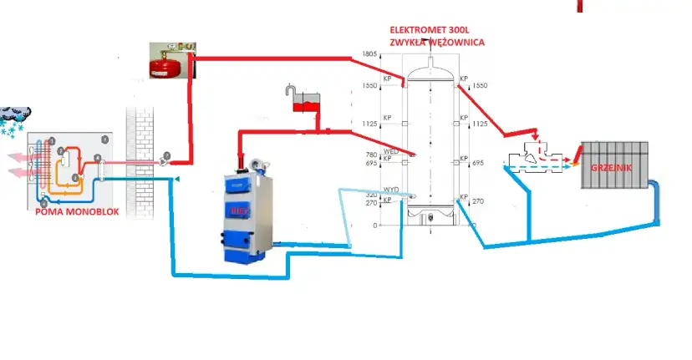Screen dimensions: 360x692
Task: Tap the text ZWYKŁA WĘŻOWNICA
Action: pos(436,43)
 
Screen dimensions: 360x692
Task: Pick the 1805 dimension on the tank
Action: pos(369,55)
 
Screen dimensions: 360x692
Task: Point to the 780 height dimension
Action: pos(371,154)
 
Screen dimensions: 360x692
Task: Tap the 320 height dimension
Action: pos(371,194)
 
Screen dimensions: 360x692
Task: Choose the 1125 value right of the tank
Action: pos(480,124)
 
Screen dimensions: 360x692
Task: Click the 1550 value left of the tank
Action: pos(370,86)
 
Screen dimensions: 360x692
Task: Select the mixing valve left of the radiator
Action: pos(536,155)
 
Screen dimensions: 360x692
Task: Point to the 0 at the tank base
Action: pos(374,226)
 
